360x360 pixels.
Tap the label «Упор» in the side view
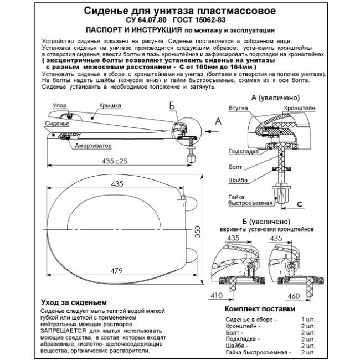click(59, 105)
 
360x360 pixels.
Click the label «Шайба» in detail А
click(236, 181)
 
